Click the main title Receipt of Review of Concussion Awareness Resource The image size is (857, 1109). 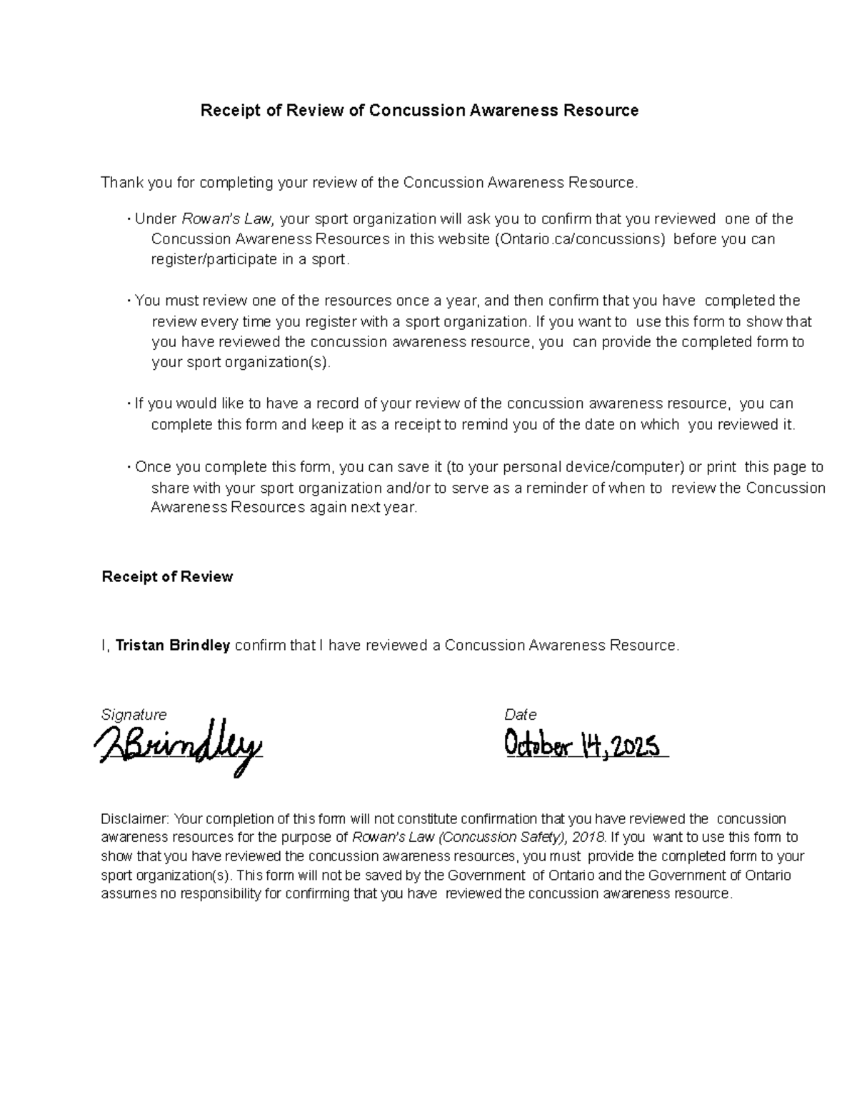[x=419, y=111]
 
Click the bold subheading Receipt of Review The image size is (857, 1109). [x=167, y=577]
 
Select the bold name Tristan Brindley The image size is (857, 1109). [x=173, y=646]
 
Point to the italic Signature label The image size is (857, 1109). [x=134, y=715]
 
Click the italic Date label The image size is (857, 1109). [x=520, y=715]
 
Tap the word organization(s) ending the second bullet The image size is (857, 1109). [x=278, y=363]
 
